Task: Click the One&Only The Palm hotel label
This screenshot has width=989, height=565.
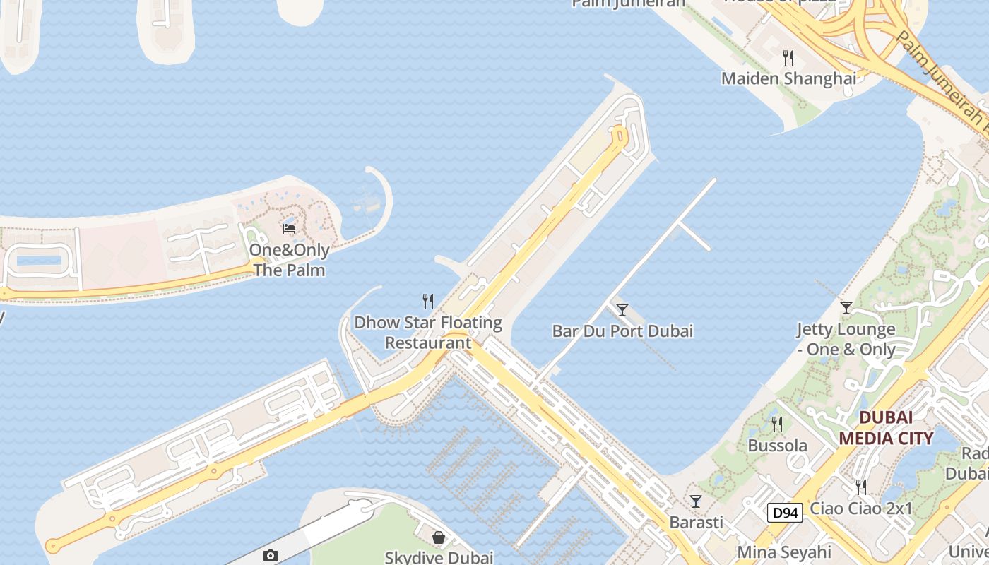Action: pos(289,260)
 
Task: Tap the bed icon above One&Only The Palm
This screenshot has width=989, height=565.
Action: pos(289,228)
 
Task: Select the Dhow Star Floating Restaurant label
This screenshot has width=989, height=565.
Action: pos(428,333)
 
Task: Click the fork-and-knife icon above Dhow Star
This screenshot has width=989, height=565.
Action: pos(428,302)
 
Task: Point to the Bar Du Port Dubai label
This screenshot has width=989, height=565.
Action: pos(622,331)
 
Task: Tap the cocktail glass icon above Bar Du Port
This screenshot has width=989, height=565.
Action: pos(622,309)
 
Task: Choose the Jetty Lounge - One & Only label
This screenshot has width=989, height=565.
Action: pos(846,339)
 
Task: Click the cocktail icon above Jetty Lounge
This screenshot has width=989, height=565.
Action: pos(846,307)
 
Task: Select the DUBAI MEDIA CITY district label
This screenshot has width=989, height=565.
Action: pos(886,427)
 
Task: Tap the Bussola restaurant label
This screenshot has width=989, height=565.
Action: pos(777,446)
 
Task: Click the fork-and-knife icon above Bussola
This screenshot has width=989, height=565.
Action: pos(777,424)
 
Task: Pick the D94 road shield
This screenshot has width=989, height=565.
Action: pos(785,512)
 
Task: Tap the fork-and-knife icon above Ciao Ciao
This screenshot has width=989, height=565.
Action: pos(861,487)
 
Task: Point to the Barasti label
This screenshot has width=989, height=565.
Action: pos(696,522)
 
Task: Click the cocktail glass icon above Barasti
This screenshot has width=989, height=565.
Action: pos(696,501)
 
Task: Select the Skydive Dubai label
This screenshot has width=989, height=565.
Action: pos(439,557)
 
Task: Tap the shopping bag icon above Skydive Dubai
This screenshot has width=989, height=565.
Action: pos(439,537)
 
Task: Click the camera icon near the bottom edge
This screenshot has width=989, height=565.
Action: pos(271,556)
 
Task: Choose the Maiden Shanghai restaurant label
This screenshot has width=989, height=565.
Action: pos(788,78)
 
